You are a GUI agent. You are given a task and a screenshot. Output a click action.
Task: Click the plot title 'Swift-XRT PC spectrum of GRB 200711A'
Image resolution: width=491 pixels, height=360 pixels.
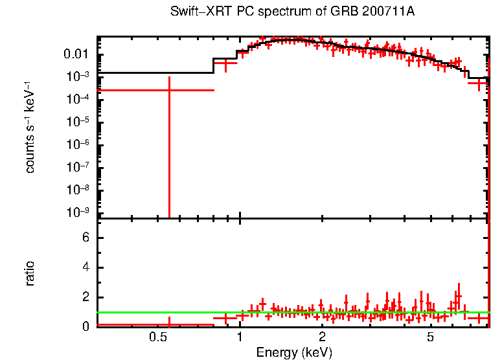point(293,12)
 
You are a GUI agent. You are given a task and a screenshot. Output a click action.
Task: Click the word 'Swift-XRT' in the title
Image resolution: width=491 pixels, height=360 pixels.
point(192,12)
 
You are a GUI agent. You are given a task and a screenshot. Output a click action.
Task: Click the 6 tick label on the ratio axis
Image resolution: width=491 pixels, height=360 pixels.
point(85,238)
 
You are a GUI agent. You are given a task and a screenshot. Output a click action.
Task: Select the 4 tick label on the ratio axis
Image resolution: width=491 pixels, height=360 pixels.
point(85,268)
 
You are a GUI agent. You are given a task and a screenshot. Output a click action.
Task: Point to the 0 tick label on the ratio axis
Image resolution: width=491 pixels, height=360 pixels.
point(85,327)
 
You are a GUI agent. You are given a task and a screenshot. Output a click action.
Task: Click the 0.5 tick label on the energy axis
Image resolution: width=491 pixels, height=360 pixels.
point(157,337)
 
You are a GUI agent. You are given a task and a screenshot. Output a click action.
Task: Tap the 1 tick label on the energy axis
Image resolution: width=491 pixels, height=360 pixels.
point(240,337)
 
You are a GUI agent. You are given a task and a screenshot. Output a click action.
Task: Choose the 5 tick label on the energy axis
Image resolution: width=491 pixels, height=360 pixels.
point(431,337)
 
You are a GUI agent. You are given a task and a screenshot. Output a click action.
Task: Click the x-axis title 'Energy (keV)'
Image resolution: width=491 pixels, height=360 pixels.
point(294,352)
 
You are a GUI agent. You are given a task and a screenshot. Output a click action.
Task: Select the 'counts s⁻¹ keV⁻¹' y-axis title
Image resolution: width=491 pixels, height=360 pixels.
point(30,128)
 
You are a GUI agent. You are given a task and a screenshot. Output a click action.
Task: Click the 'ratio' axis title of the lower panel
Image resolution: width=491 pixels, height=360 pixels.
point(30,273)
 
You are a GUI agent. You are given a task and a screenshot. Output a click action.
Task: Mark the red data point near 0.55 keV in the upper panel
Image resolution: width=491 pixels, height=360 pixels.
point(169,90)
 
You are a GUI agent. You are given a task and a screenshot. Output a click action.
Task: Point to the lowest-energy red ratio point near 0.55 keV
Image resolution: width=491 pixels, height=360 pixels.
point(169,324)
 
